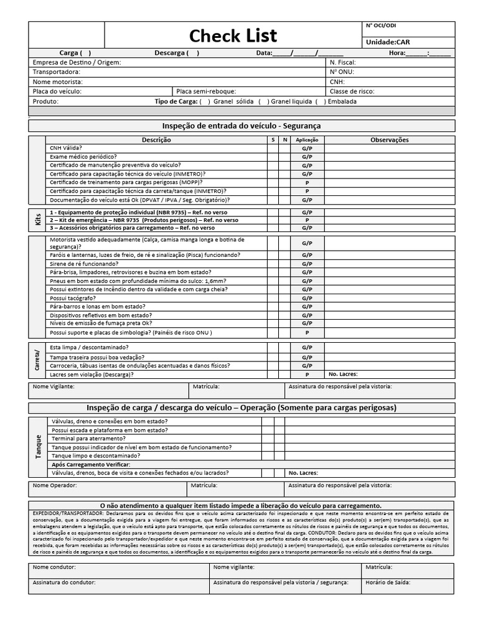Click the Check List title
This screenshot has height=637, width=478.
[233, 35]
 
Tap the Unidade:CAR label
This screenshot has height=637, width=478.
[388, 41]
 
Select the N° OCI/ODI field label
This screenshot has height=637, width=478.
[380, 26]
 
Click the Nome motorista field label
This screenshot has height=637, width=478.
[57, 81]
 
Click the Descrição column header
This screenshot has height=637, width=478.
[156, 140]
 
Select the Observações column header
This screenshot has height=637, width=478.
[390, 140]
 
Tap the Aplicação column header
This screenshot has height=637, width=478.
[307, 140]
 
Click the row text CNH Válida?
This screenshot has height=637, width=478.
[65, 149]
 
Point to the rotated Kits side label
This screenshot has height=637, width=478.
[37, 220]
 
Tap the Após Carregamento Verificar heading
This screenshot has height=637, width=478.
[91, 465]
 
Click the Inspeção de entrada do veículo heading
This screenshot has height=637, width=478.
[241, 126]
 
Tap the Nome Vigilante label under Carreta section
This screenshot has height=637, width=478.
[54, 386]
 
